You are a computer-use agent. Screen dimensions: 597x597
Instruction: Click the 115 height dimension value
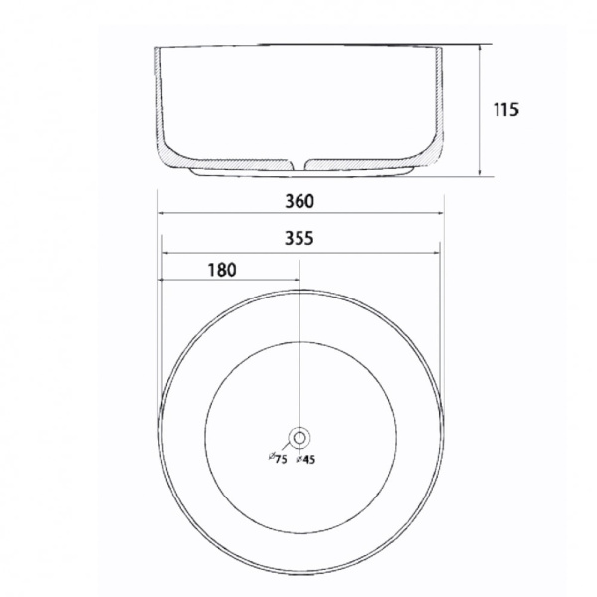coord(506,110)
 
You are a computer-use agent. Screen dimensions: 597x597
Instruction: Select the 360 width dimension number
coord(299,201)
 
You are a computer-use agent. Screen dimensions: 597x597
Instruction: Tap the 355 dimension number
coord(299,239)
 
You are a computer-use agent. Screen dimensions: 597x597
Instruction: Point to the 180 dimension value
coord(222,270)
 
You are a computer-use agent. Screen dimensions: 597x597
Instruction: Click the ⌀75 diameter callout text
coord(278,458)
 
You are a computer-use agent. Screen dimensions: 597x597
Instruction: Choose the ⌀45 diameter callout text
coord(305,459)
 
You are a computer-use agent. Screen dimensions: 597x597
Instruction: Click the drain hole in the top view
coord(299,438)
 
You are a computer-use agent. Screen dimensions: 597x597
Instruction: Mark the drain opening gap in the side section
coord(299,164)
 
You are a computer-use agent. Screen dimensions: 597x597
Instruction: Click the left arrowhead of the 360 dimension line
coord(161,213)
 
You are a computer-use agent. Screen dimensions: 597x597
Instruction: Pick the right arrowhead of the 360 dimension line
coord(440,213)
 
